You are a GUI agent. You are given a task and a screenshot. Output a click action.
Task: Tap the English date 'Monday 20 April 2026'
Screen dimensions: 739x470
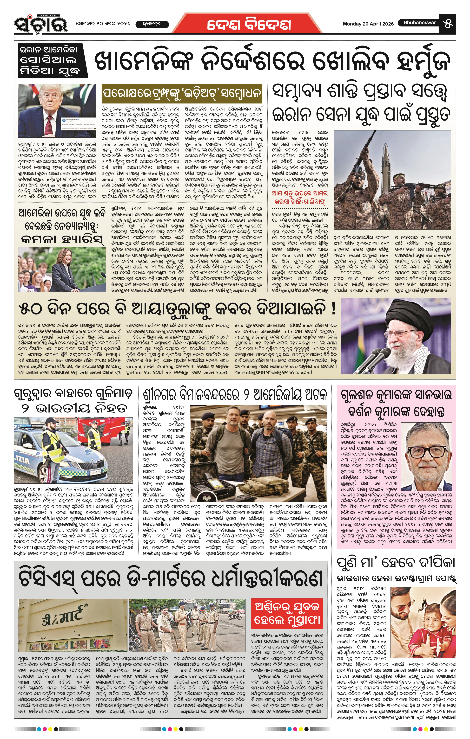click(x=368, y=24)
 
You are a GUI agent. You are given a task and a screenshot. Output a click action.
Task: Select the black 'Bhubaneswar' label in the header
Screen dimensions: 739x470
click(x=420, y=23)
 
